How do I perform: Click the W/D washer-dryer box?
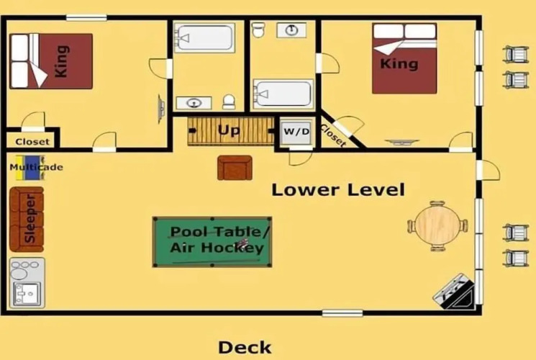coord(296,132)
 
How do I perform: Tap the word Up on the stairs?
coord(229,130)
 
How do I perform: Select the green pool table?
coord(212,242)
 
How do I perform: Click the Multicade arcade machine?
coord(30,167)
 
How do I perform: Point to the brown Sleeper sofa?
coord(27,220)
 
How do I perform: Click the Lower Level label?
coord(338,189)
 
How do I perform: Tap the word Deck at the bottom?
coord(245,348)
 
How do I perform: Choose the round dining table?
coord(438,225)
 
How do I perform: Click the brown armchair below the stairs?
coord(235,168)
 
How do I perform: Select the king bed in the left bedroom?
coord(51,61)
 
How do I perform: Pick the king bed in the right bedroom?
coord(404,58)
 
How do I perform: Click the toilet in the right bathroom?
coord(258,30)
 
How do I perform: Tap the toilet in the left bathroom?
coord(229,102)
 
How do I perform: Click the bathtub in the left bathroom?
coord(204,37)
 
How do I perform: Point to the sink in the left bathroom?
coord(194,103)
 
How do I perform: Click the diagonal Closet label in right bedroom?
coord(332,135)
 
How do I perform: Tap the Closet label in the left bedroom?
coord(32,142)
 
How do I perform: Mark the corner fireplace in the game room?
coord(455,292)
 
